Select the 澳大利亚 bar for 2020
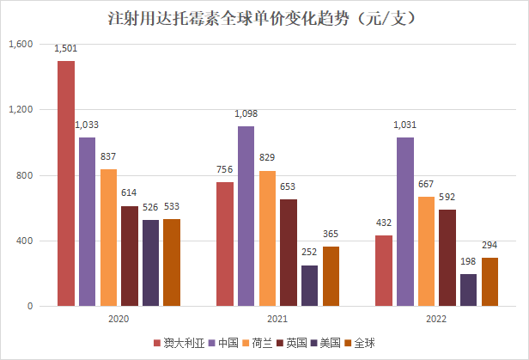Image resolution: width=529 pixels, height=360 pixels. tap(66, 183)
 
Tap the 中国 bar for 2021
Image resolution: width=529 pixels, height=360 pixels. tap(246, 216)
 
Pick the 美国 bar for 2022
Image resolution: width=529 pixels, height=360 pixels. tap(468, 290)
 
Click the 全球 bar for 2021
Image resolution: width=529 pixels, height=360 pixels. tap(330, 276)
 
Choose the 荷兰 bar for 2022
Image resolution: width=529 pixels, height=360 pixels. tap(426, 251)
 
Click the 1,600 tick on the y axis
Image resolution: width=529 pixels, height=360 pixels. tap(20, 45)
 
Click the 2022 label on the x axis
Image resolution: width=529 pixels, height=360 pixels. tap(436, 317)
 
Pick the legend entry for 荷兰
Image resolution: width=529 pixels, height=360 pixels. tap(259, 344)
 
